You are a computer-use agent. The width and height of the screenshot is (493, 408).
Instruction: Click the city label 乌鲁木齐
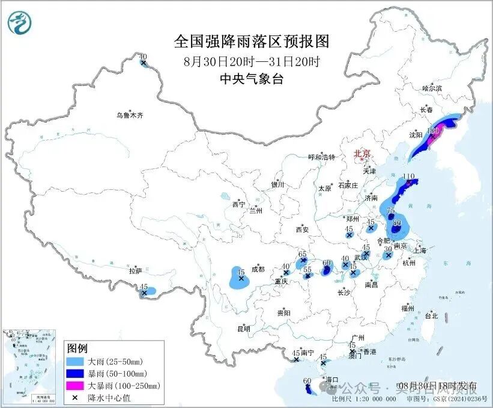tap(130, 115)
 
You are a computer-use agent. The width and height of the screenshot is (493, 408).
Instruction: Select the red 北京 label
tap(363, 154)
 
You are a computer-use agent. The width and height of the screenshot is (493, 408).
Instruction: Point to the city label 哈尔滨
tap(432, 88)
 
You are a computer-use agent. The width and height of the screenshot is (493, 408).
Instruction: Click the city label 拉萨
tap(135, 271)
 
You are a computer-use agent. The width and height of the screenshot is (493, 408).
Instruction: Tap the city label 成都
tap(258, 269)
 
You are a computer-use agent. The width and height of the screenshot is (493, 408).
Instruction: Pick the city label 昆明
tap(244, 329)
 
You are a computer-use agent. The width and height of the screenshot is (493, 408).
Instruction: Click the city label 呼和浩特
tap(324, 157)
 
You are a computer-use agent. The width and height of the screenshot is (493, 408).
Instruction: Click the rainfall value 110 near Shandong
tap(409, 177)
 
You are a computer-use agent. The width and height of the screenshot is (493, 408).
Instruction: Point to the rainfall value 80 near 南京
tap(396, 222)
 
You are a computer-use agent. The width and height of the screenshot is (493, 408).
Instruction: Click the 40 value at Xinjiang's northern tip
tap(143, 57)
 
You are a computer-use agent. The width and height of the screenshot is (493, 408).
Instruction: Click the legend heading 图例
tap(77, 349)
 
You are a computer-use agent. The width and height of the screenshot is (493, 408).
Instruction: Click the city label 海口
tap(331, 380)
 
